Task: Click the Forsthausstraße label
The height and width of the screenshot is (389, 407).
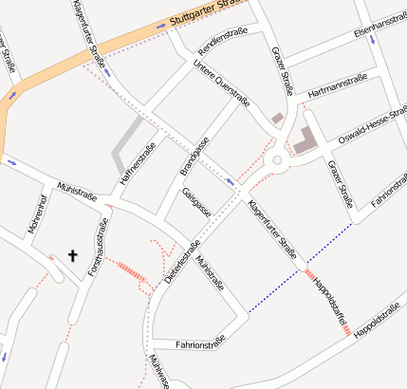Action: pos(99,246)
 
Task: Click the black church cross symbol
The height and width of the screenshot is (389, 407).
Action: pos(72,254)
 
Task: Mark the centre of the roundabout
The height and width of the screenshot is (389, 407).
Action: pos(278,160)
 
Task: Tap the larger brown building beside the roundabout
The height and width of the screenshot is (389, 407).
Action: pos(305,140)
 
